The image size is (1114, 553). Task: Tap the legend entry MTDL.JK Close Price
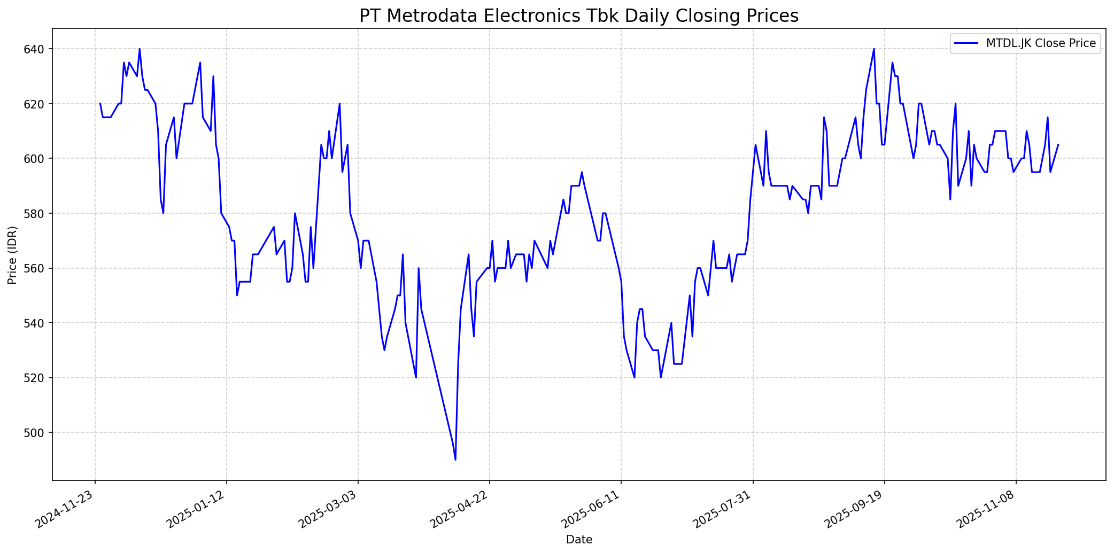coord(1040,43)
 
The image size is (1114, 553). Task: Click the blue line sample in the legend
coord(967,43)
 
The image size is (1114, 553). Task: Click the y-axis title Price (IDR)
coord(12,255)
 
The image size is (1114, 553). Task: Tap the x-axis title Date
coord(579,540)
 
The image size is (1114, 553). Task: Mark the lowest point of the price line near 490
coord(455,459)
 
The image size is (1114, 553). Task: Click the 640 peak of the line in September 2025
coord(874,49)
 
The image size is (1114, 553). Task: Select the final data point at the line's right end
coord(1058,145)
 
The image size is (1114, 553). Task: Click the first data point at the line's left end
coord(100,104)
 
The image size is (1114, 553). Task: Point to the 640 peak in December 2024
coord(140,49)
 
